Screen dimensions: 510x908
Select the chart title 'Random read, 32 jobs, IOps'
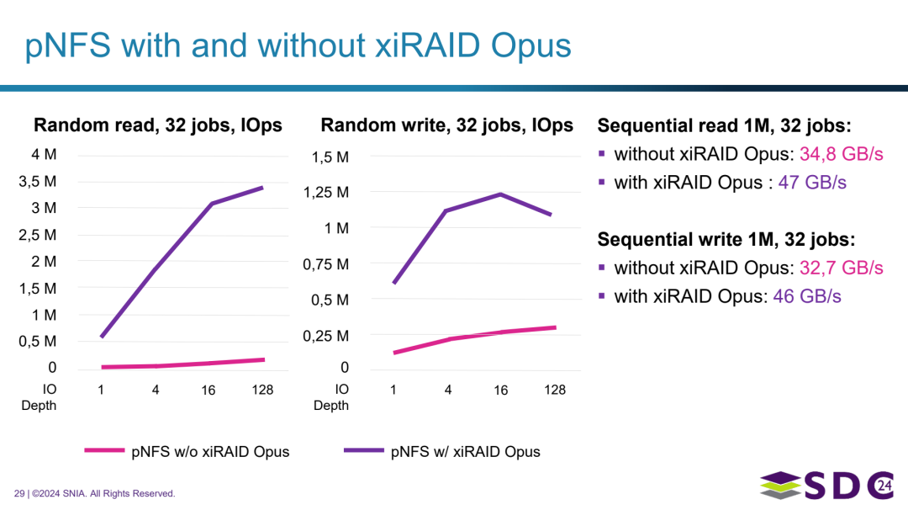point(157,125)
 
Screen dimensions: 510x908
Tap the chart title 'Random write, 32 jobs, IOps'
point(446,125)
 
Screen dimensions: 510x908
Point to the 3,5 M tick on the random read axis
point(39,181)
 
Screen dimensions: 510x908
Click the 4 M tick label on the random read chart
point(45,155)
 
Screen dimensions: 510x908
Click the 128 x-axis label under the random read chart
point(262,390)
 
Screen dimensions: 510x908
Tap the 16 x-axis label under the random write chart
point(500,390)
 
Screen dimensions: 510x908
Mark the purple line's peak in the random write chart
point(501,194)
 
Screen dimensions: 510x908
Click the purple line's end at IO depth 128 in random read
point(263,188)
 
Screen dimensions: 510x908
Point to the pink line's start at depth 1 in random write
point(393,353)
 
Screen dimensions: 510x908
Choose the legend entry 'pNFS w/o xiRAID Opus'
point(210,452)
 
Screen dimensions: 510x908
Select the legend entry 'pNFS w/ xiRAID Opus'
point(465,452)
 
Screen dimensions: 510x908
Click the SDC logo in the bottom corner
point(826,486)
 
